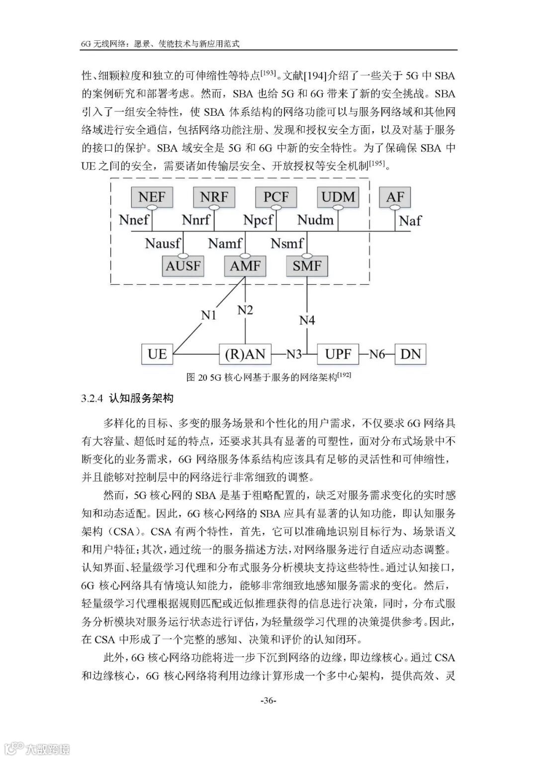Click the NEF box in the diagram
pyautogui.click(x=152, y=197)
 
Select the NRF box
pyautogui.click(x=214, y=197)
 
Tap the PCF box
pyautogui.click(x=276, y=197)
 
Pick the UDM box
pyautogui.click(x=338, y=197)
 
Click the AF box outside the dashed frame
pyautogui.click(x=395, y=197)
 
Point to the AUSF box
pyautogui.click(x=183, y=265)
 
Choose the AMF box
pyautogui.click(x=245, y=265)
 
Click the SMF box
pyautogui.click(x=307, y=265)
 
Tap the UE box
pyautogui.click(x=157, y=354)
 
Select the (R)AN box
pyautogui.click(x=245, y=354)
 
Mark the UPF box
pyautogui.click(x=338, y=354)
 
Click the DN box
pyautogui.click(x=410, y=354)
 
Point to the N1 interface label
pyautogui.click(x=209, y=315)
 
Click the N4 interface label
pyautogui.click(x=307, y=320)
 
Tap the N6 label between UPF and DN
pyautogui.click(x=377, y=354)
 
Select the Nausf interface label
pyautogui.click(x=163, y=243)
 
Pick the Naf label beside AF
pyautogui.click(x=410, y=220)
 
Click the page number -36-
pyautogui.click(x=268, y=701)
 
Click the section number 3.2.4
pyautogui.click(x=91, y=398)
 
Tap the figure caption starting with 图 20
pyautogui.click(x=268, y=377)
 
